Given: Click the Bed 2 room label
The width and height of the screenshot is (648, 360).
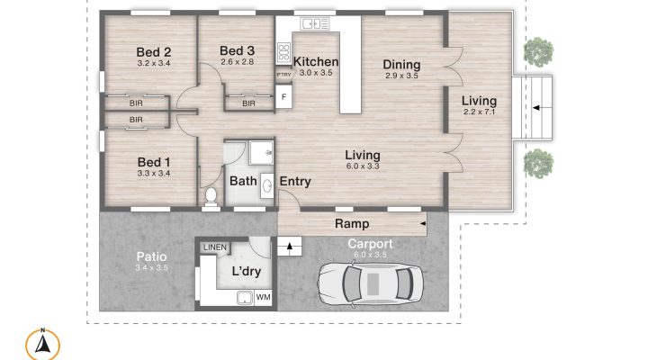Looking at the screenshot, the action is [x=154, y=52].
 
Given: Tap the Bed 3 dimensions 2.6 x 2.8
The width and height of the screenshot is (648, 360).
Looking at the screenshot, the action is [x=238, y=62].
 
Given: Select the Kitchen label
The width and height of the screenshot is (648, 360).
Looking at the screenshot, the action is [x=316, y=61].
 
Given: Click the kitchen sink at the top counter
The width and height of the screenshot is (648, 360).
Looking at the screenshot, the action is [x=315, y=24].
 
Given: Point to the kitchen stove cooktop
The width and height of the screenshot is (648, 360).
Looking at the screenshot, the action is [x=283, y=52].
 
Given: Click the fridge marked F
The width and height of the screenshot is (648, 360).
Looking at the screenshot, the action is [x=283, y=96].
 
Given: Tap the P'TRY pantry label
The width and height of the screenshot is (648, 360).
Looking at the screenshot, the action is [x=283, y=75].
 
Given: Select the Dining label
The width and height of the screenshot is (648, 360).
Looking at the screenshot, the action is [x=401, y=65].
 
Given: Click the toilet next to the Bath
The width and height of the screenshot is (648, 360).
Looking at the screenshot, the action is [x=211, y=196].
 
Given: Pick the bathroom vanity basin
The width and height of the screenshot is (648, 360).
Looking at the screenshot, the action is [x=267, y=185].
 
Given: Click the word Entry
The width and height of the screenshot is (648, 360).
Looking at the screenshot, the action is [x=295, y=182].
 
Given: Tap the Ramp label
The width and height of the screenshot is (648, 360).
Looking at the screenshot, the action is [x=352, y=223].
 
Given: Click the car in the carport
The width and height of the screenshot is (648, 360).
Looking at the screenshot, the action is [x=371, y=284].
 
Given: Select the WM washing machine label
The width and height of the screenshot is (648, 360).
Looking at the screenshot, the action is [x=263, y=297].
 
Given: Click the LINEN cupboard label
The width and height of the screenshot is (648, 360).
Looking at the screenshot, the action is [x=215, y=247].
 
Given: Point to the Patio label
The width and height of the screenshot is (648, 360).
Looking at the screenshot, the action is [x=152, y=256].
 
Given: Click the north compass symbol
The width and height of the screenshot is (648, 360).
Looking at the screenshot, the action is [x=42, y=345].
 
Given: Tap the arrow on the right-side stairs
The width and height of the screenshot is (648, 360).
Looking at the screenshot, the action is [x=536, y=108].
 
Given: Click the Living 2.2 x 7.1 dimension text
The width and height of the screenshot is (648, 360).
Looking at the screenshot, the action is [x=480, y=112].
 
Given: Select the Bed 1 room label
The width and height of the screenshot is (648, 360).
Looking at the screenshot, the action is [x=154, y=162].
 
